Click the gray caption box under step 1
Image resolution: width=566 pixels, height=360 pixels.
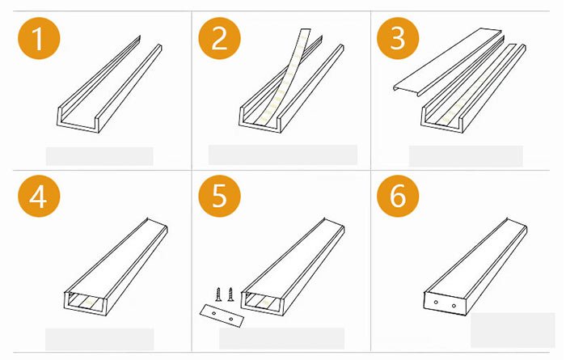[x=99, y=156]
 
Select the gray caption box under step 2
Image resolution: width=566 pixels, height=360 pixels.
[x=282, y=155]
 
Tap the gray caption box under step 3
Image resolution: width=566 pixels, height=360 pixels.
[x=465, y=156]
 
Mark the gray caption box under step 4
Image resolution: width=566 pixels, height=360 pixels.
[x=99, y=338]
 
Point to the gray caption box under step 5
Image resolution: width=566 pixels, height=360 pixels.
[x=282, y=337]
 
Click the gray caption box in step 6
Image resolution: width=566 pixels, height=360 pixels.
[x=501, y=329]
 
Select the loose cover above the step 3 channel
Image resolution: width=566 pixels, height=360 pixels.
[x=453, y=57]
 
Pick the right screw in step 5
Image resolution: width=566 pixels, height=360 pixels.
[x=230, y=293]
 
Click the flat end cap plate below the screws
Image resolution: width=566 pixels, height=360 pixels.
[x=219, y=315]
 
